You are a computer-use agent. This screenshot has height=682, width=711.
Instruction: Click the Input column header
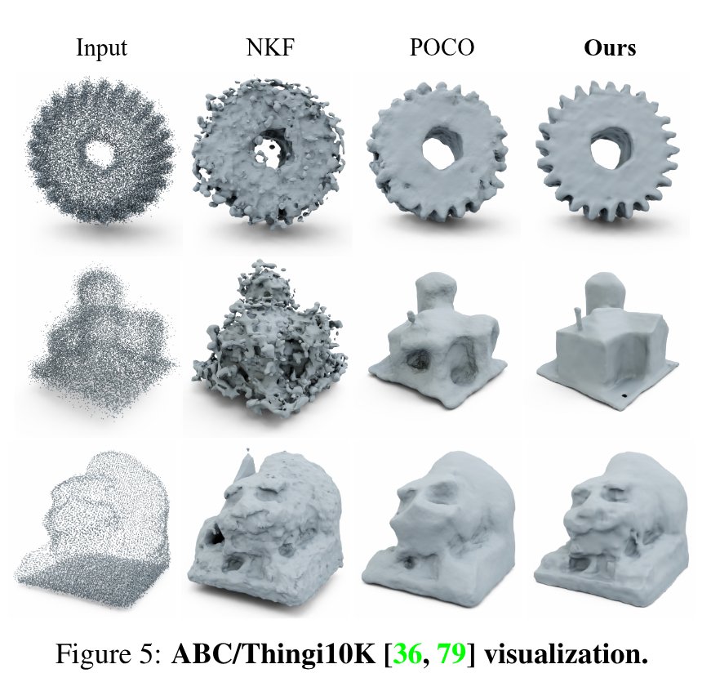[101, 47]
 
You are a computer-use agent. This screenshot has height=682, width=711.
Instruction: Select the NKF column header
[271, 47]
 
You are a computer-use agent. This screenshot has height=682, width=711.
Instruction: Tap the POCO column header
[442, 47]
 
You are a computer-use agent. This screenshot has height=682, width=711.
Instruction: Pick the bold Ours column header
[610, 47]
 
